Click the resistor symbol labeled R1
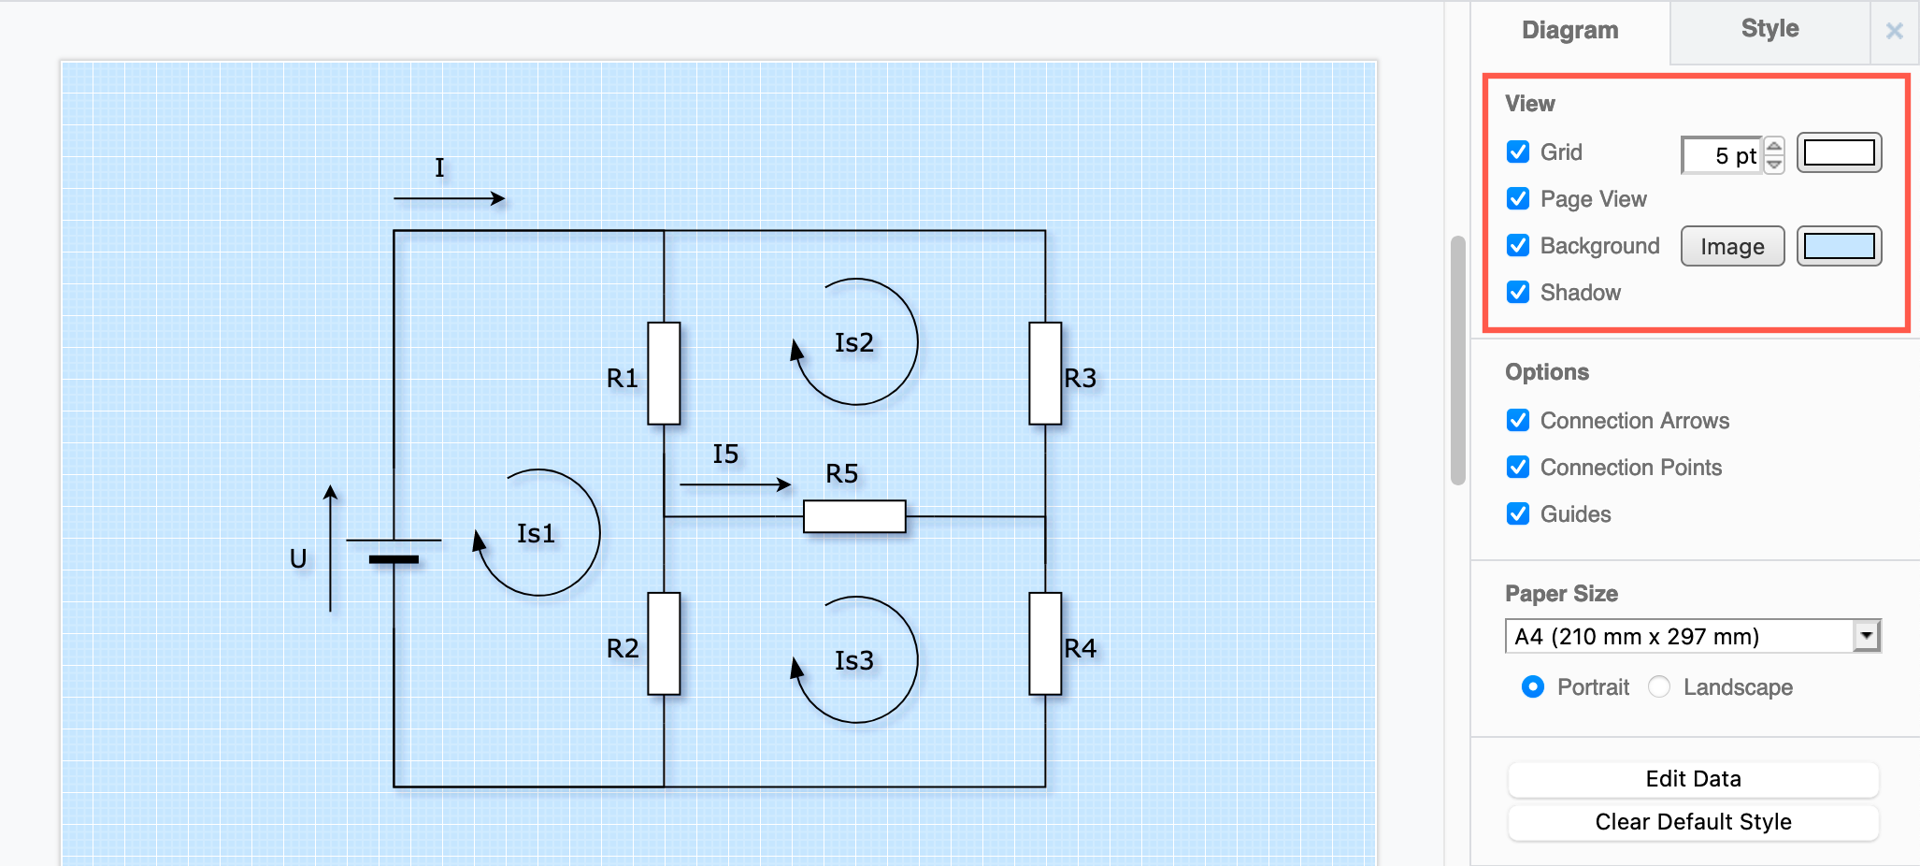(664, 373)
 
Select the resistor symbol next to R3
(1045, 373)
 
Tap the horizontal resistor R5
(854, 516)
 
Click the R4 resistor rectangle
(1045, 643)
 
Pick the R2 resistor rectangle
(664, 643)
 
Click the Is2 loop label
(853, 342)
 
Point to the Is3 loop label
(853, 660)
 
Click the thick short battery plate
(394, 559)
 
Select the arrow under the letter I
(449, 198)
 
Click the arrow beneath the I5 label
(735, 484)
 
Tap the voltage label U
(298, 558)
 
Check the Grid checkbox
(1518, 152)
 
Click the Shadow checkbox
(1518, 292)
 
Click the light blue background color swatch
(1839, 246)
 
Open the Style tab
(1769, 29)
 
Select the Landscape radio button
(1659, 686)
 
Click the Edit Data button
(1693, 779)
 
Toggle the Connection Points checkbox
(1518, 467)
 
